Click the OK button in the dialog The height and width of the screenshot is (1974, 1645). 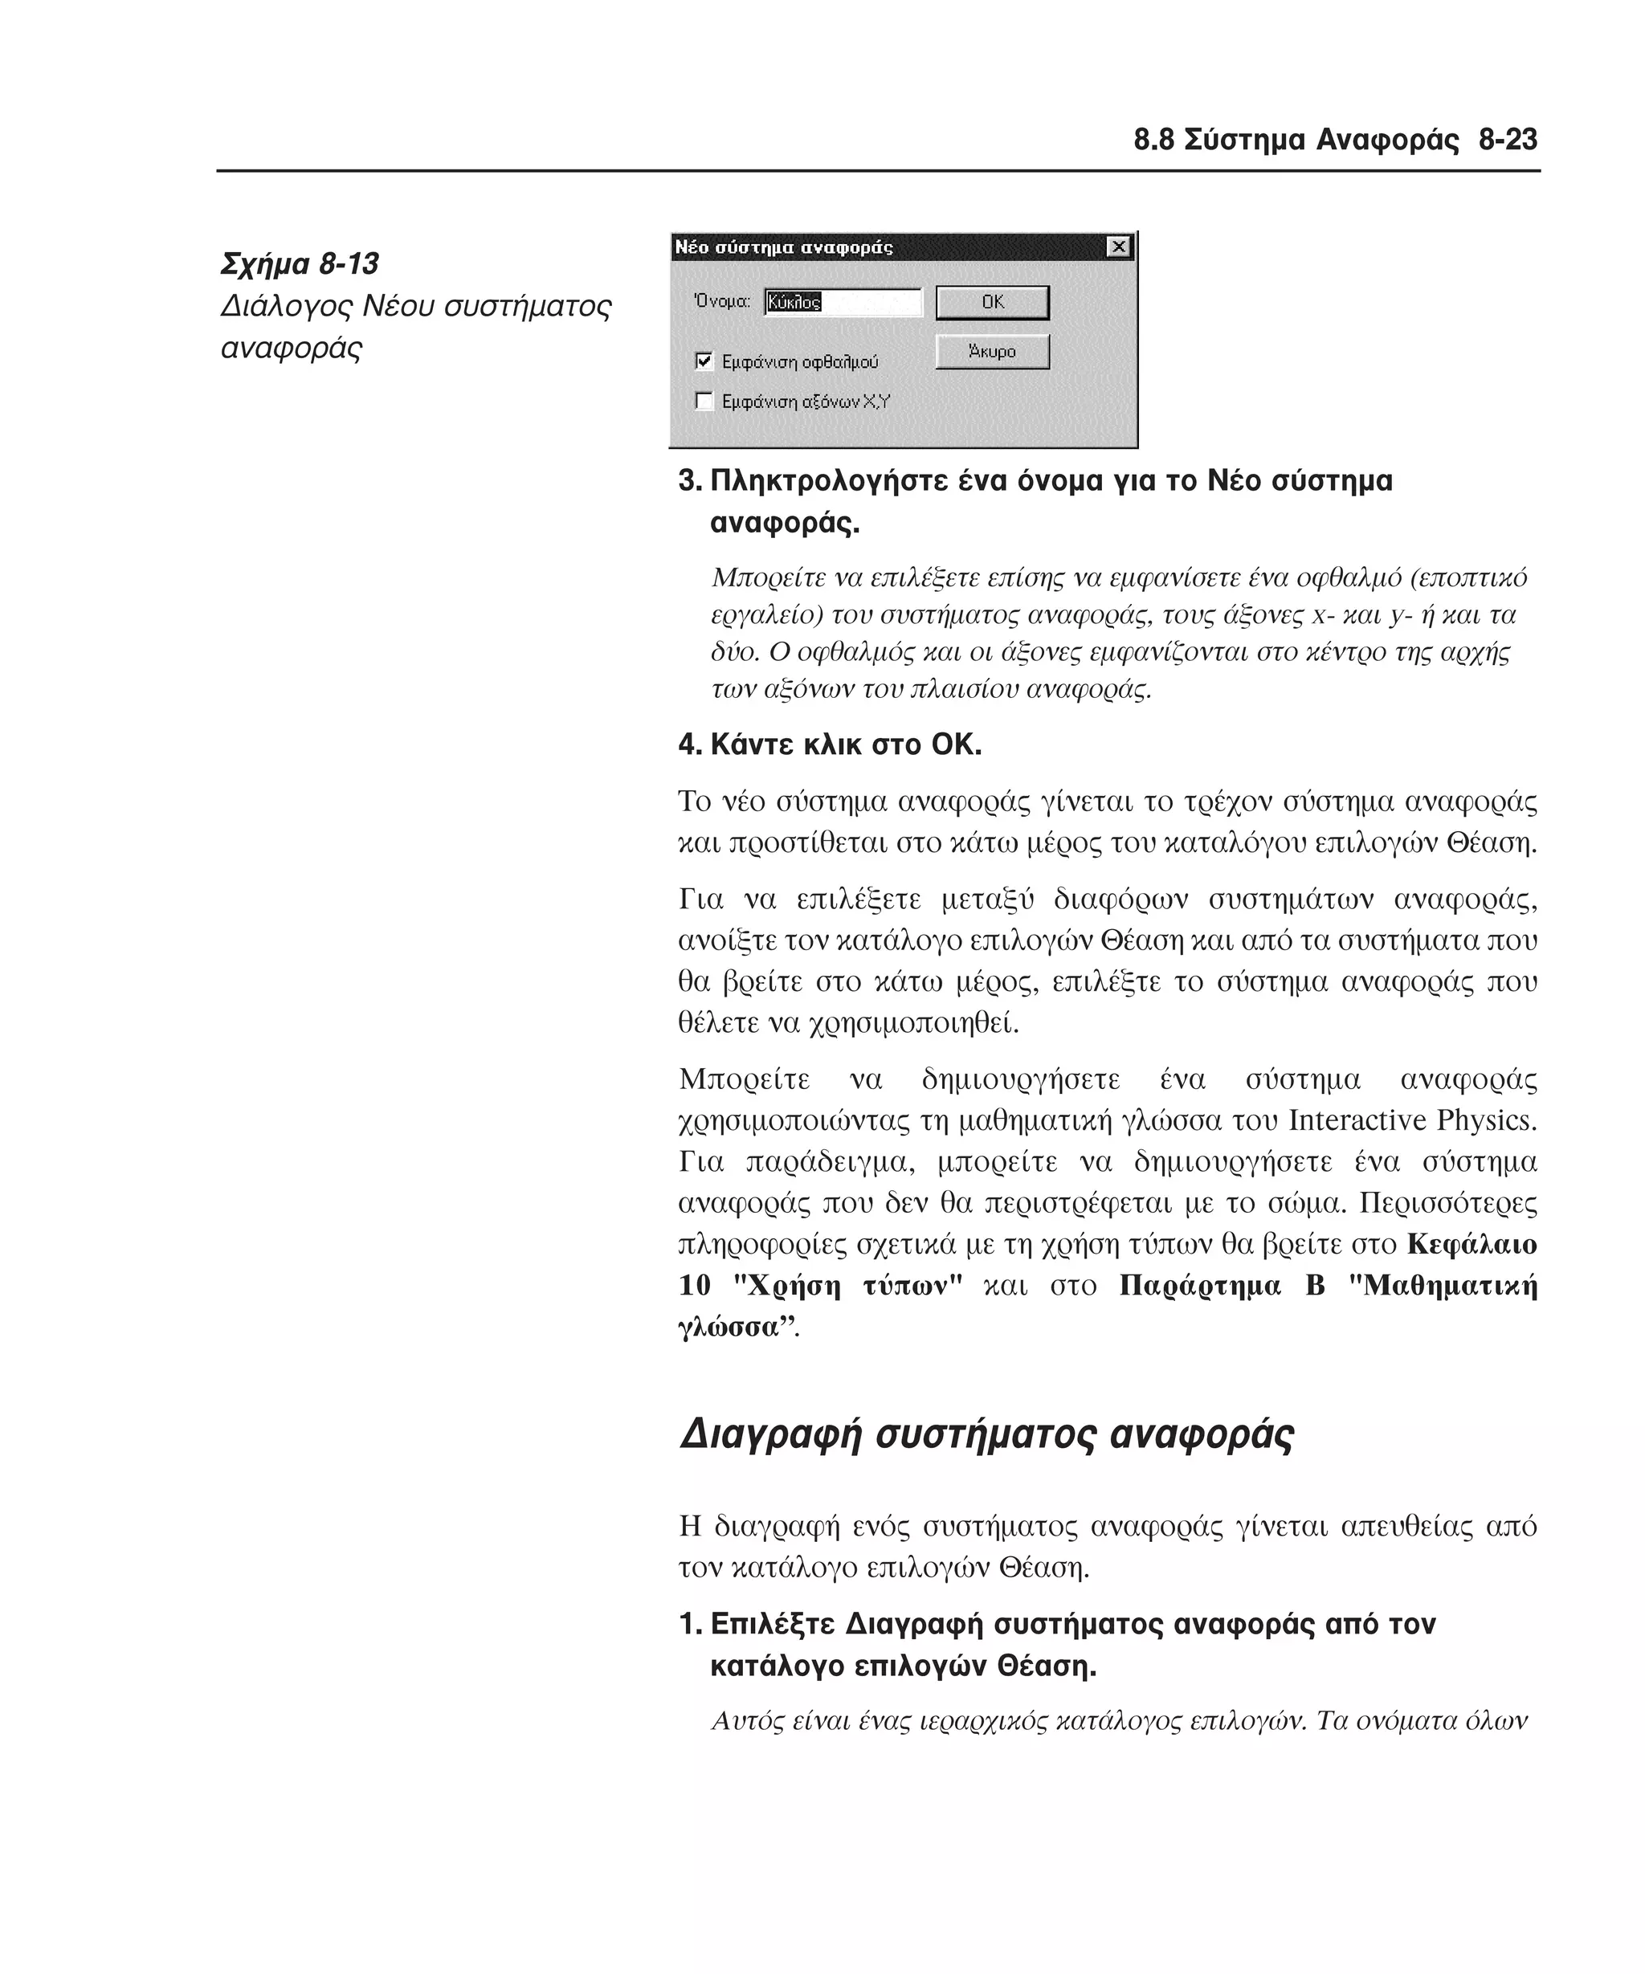(992, 303)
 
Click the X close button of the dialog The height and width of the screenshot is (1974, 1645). (1117, 247)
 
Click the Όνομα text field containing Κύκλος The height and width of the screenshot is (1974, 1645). (843, 303)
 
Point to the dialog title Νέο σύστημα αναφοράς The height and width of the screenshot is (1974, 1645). (784, 248)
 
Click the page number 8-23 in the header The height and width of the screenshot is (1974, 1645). (1507, 140)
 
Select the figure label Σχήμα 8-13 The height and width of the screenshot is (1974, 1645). (300, 264)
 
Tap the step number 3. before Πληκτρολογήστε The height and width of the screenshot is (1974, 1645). (690, 481)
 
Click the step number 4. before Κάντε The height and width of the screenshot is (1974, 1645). (690, 745)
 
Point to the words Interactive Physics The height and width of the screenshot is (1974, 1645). (1412, 1120)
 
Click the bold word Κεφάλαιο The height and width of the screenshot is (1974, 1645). (1472, 1245)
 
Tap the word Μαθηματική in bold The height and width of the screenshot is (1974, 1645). (1451, 1286)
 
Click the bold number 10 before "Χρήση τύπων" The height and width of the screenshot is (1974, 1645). (695, 1286)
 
